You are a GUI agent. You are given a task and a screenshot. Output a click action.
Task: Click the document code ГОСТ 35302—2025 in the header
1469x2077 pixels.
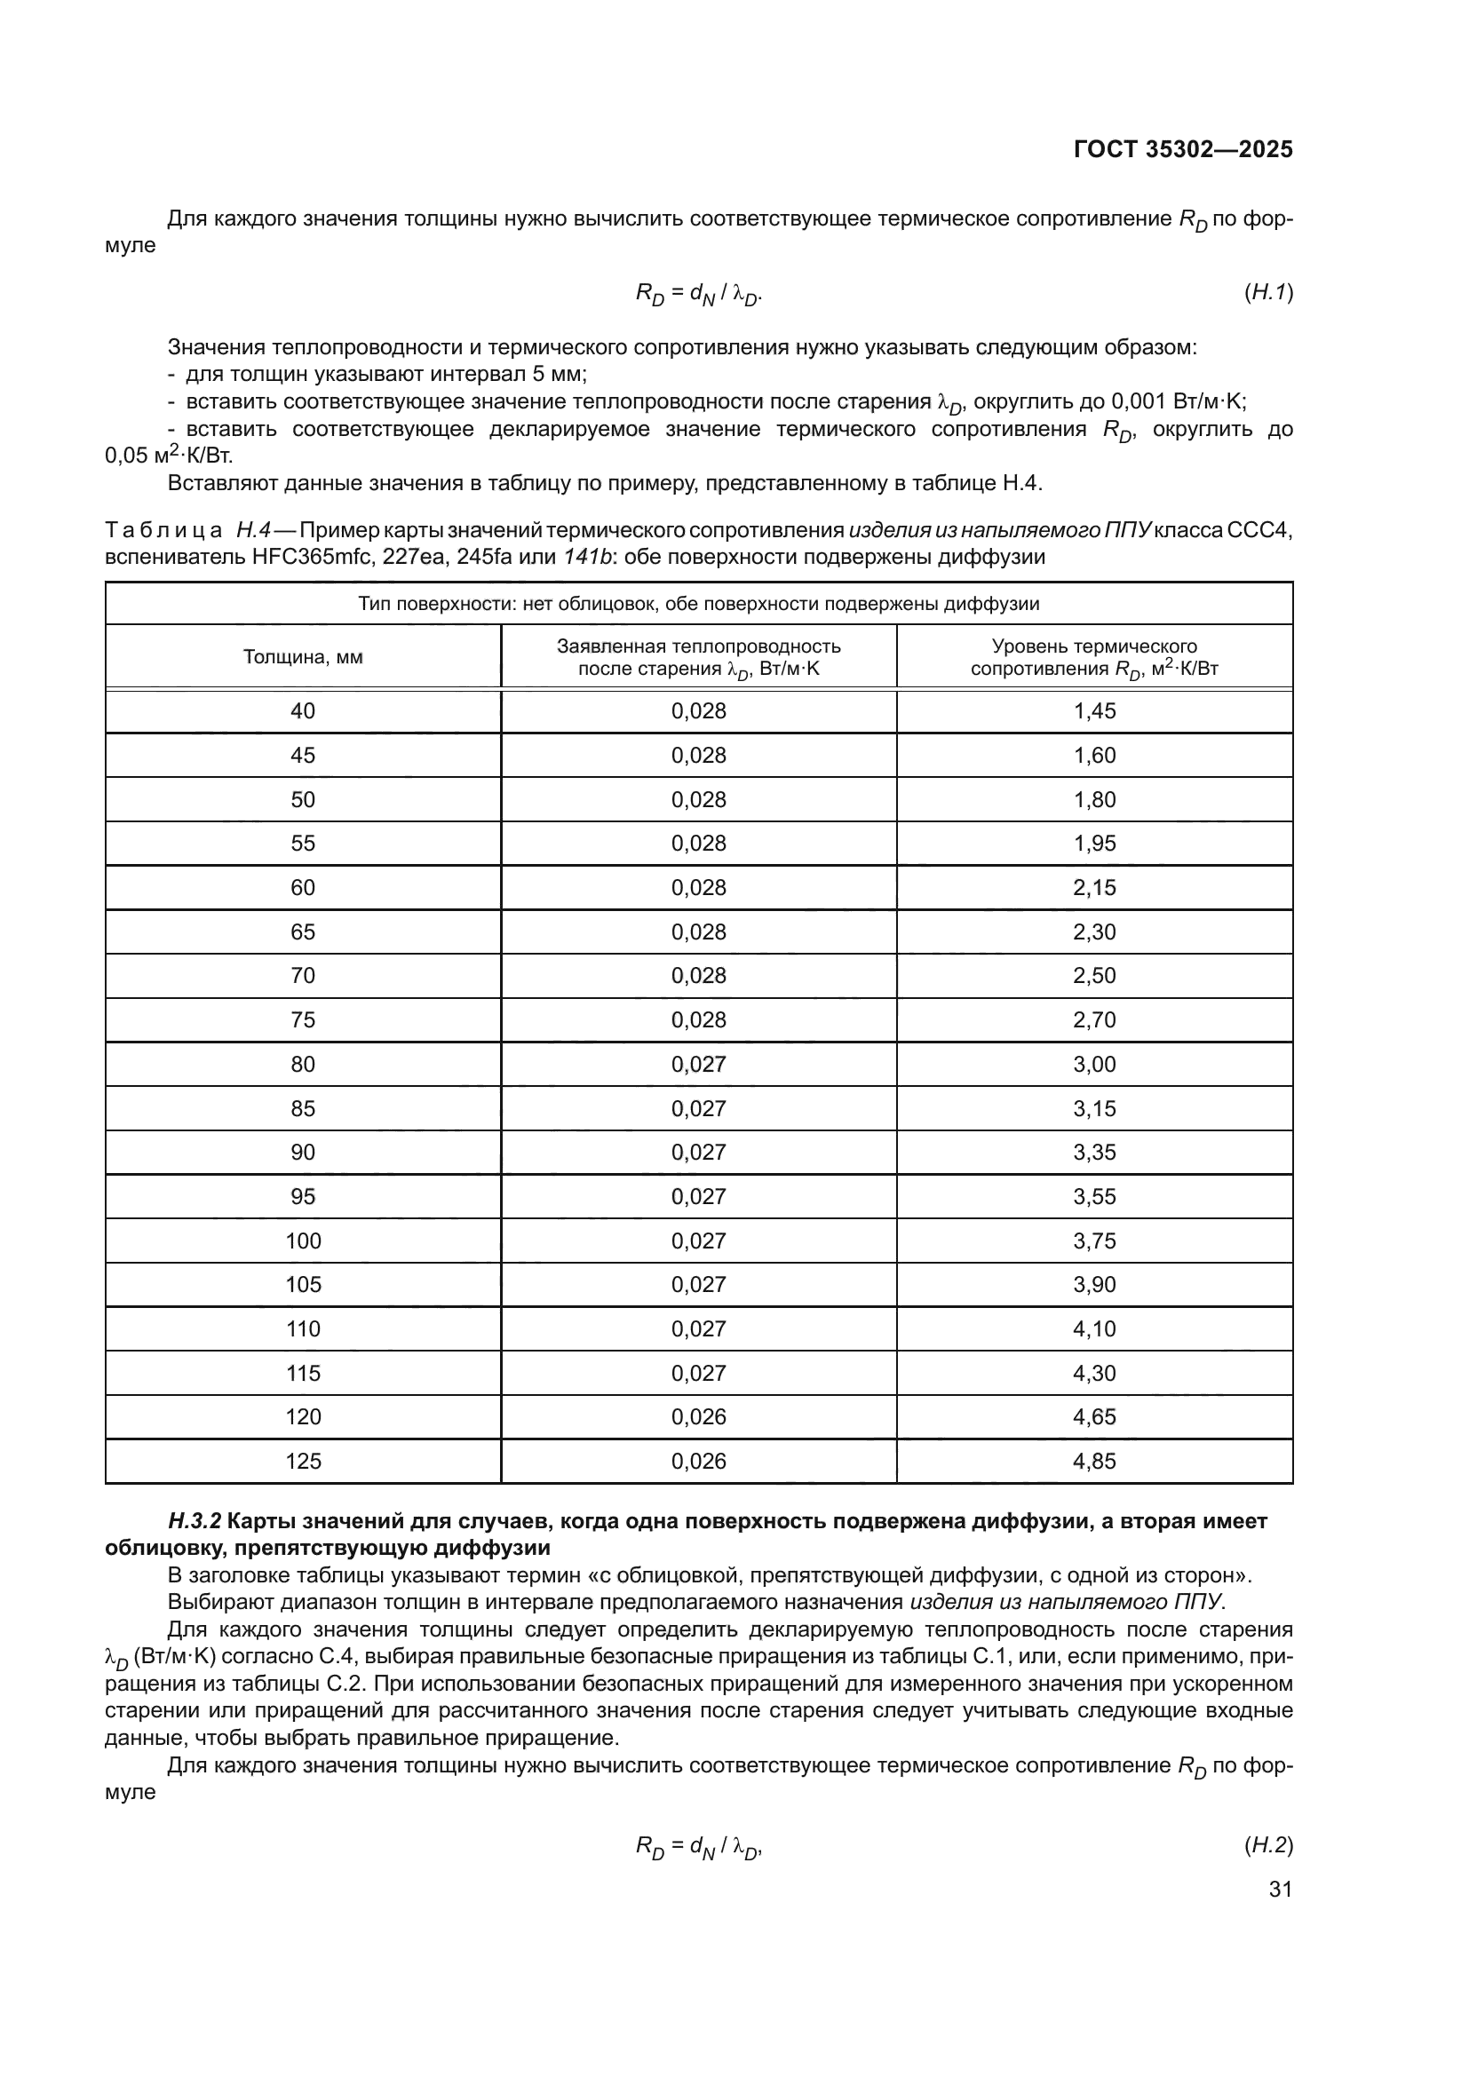click(x=1182, y=149)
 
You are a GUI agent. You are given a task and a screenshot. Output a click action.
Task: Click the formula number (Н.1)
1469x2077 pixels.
click(x=1268, y=291)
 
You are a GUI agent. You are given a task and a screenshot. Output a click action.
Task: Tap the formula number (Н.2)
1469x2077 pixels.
click(x=1268, y=1844)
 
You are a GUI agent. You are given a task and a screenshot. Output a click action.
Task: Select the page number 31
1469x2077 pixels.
click(x=1280, y=1889)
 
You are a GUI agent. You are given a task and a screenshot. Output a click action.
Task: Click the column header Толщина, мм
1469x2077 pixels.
click(x=302, y=657)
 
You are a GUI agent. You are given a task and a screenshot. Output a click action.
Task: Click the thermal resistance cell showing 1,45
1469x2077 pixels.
click(x=1093, y=711)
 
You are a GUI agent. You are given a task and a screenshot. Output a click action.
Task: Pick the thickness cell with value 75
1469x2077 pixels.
click(x=302, y=1019)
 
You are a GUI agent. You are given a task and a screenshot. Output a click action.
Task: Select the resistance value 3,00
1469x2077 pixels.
click(x=1093, y=1064)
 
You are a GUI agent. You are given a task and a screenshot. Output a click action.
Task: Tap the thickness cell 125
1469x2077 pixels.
click(x=302, y=1461)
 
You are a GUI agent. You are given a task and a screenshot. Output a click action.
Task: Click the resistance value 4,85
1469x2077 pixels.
click(x=1093, y=1461)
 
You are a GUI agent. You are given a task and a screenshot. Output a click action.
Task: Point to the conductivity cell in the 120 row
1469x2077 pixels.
click(x=698, y=1416)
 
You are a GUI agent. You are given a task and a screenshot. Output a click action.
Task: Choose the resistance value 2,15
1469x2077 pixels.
click(x=1093, y=887)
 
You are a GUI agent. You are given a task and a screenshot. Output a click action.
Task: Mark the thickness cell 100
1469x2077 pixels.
click(x=302, y=1241)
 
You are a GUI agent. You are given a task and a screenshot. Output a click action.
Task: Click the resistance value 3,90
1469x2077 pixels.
click(x=1093, y=1285)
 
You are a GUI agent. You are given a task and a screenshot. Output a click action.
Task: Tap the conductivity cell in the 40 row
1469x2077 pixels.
click(x=698, y=711)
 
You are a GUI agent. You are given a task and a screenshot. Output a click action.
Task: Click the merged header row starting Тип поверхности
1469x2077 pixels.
click(x=698, y=603)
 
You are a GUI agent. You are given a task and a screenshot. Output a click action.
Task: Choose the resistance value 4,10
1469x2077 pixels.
click(x=1093, y=1329)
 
